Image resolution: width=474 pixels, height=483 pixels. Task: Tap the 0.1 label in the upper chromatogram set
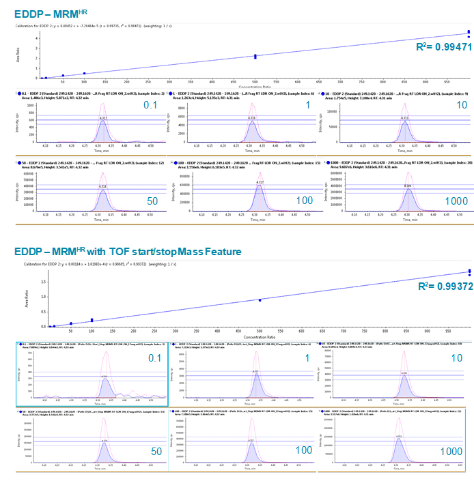(x=150, y=104)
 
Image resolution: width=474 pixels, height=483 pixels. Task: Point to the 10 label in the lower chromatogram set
(x=456, y=357)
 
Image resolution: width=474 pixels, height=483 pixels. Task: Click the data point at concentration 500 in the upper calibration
(x=255, y=56)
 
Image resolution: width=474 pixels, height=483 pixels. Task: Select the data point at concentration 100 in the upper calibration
(x=85, y=73)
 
